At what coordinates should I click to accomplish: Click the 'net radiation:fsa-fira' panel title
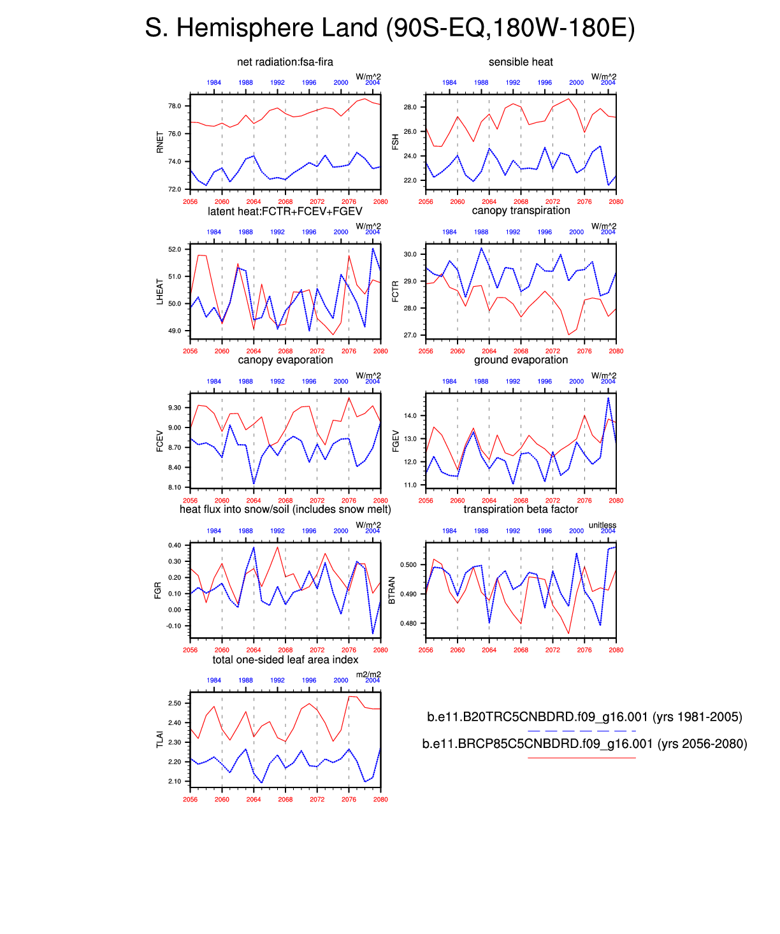tap(285, 62)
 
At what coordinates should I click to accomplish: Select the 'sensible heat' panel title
tap(521, 62)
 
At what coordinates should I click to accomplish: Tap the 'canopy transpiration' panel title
tap(521, 211)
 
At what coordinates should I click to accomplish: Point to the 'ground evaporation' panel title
tap(521, 360)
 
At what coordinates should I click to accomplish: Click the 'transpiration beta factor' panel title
tap(521, 509)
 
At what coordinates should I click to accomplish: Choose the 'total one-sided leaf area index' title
tap(285, 659)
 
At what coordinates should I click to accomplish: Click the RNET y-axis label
tap(160, 142)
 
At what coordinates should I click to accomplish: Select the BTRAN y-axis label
tap(392, 590)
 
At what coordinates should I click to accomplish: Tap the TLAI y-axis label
tap(160, 739)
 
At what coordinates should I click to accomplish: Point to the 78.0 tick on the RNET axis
tap(174, 106)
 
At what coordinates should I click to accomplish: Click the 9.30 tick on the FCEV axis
tap(174, 408)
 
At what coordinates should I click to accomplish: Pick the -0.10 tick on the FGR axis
tap(173, 626)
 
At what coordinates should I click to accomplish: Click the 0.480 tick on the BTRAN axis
tap(408, 623)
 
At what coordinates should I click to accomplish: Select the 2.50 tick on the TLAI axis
tap(174, 703)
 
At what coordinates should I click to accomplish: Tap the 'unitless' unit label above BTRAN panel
tap(602, 525)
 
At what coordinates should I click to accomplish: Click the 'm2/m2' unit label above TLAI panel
tap(368, 675)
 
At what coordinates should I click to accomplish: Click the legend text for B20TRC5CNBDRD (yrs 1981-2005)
tap(584, 717)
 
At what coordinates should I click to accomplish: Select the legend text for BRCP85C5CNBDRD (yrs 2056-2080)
tap(584, 744)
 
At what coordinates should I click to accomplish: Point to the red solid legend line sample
tap(582, 758)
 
